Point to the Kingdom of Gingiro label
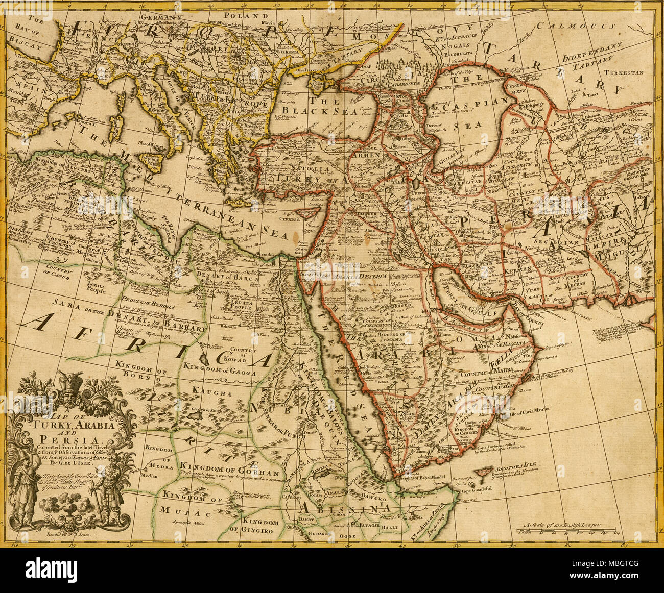(x=260, y=526)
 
